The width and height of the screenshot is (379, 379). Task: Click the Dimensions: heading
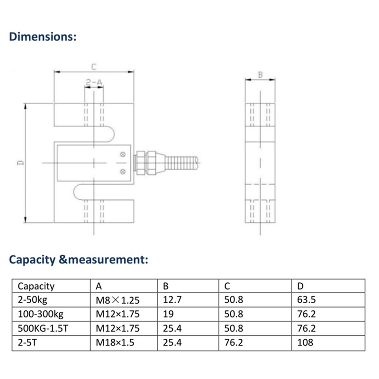click(x=43, y=36)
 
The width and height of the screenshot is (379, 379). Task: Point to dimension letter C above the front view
click(x=94, y=67)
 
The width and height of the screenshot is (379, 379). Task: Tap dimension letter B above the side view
click(x=260, y=74)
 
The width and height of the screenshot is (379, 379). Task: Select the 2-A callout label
click(x=94, y=83)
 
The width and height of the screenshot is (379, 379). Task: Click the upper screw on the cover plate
click(x=123, y=155)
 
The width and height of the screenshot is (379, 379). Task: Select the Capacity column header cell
click(x=36, y=286)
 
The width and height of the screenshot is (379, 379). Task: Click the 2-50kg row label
click(x=33, y=300)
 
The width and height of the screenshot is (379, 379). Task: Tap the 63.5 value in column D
click(x=306, y=300)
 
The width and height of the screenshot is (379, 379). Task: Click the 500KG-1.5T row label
click(x=43, y=328)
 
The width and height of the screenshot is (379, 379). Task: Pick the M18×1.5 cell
click(x=116, y=342)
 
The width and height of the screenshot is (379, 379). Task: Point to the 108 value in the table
click(x=304, y=342)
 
